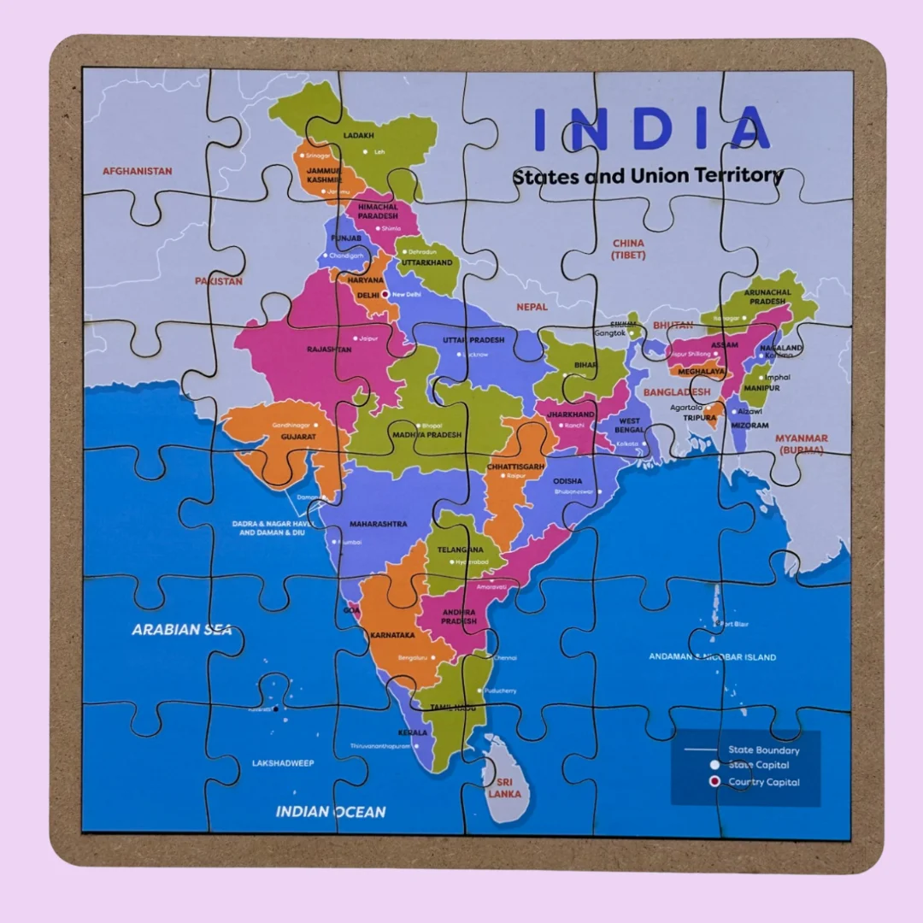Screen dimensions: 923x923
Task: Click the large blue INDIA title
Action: (651, 128)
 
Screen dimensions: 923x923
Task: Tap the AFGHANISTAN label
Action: (137, 171)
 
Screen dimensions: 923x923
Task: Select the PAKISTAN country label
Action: (218, 281)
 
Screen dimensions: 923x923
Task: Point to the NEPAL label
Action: (532, 306)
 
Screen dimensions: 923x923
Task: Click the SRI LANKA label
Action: (504, 788)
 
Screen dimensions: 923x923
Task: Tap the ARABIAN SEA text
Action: (181, 630)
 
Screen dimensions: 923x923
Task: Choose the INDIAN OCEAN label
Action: (330, 812)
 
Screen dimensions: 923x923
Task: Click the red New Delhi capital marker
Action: (385, 294)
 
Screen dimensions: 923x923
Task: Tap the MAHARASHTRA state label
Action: (377, 524)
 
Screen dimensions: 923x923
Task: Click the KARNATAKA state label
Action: (392, 636)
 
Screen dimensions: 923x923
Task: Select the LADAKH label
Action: (359, 136)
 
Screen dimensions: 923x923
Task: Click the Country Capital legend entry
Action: (764, 782)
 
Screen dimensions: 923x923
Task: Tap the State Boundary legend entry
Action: (764, 750)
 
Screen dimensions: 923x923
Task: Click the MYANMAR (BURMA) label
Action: (801, 444)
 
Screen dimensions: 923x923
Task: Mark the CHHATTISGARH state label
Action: (515, 467)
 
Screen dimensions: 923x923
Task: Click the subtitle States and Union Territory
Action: (647, 176)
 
